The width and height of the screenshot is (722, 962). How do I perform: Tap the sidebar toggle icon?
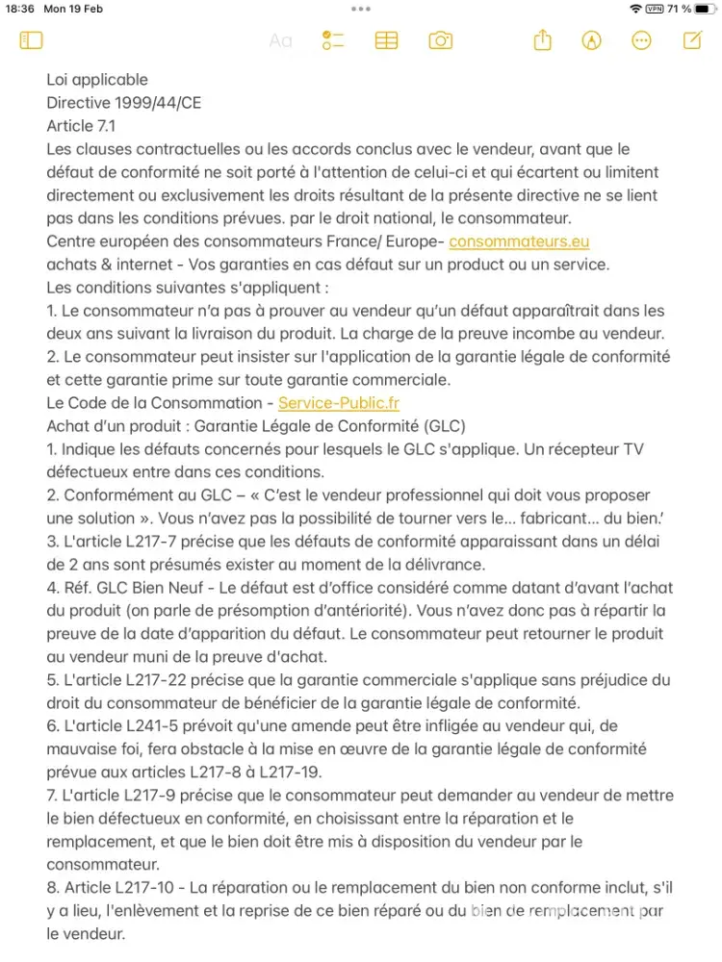pyautogui.click(x=31, y=40)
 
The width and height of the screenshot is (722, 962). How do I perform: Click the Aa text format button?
pyautogui.click(x=280, y=40)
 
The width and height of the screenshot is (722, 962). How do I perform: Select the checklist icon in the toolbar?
pyautogui.click(x=333, y=40)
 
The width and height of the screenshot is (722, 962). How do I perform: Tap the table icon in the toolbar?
pyautogui.click(x=386, y=40)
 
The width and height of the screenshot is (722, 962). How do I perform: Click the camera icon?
pyautogui.click(x=440, y=40)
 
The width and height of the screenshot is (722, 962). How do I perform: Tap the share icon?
pyautogui.click(x=543, y=40)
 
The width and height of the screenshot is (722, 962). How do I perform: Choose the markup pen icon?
pyautogui.click(x=592, y=40)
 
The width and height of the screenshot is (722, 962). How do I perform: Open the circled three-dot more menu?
pyautogui.click(x=641, y=40)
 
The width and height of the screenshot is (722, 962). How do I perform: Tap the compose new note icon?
pyautogui.click(x=691, y=40)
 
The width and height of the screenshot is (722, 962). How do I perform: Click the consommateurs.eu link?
pyautogui.click(x=519, y=241)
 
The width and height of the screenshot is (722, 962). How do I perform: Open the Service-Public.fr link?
pyautogui.click(x=338, y=403)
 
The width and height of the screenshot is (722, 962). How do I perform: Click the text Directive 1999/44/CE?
pyautogui.click(x=123, y=103)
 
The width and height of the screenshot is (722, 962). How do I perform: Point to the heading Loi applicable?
pyautogui.click(x=97, y=80)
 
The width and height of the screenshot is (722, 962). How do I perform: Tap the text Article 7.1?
pyautogui.click(x=82, y=126)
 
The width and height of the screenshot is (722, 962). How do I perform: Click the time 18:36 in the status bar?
pyautogui.click(x=20, y=9)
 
